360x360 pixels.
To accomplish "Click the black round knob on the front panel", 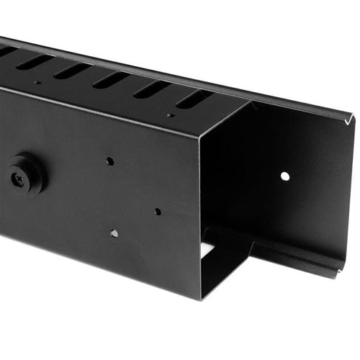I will (x=25, y=173).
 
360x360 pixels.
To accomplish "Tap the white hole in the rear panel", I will (x=285, y=176).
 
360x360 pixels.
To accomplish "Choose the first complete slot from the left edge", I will (x=34, y=61).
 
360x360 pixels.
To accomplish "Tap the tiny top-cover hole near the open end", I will (x=171, y=114).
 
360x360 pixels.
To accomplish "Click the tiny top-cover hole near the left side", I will (x=37, y=82).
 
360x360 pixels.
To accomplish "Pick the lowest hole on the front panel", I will (x=114, y=233).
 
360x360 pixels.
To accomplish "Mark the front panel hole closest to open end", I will (x=157, y=212).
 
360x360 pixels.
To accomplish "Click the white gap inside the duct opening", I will (x=208, y=249).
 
